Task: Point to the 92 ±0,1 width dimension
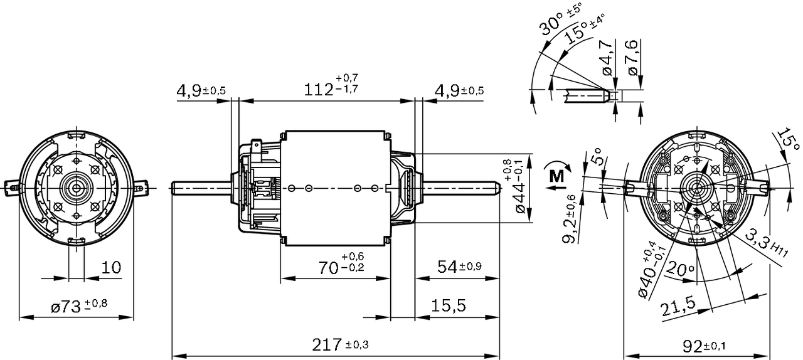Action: (x=702, y=346)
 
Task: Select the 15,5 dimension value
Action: (x=448, y=305)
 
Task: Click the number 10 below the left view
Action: (x=110, y=268)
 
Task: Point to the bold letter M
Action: (x=556, y=176)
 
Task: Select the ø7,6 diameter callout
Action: (x=632, y=58)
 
